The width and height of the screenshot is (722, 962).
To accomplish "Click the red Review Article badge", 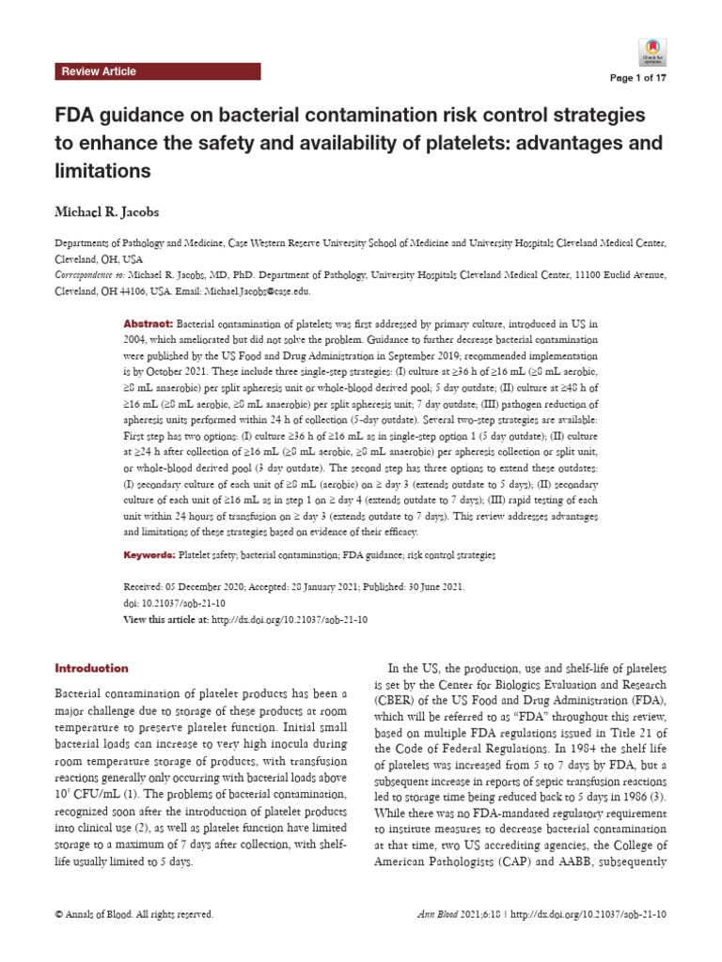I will click(x=98, y=71).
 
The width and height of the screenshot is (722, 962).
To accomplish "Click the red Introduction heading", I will click(x=92, y=668).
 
